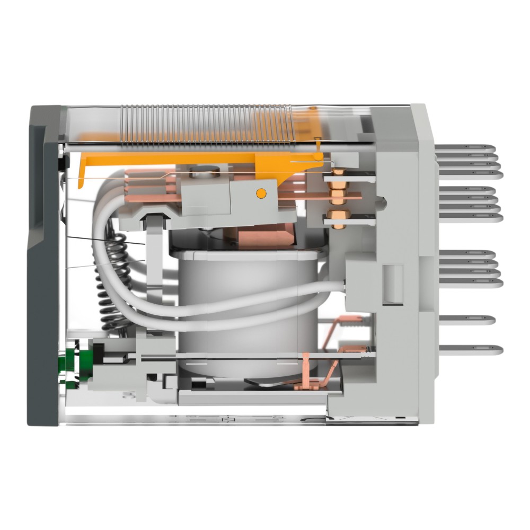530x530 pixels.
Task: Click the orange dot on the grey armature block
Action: point(260,193)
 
